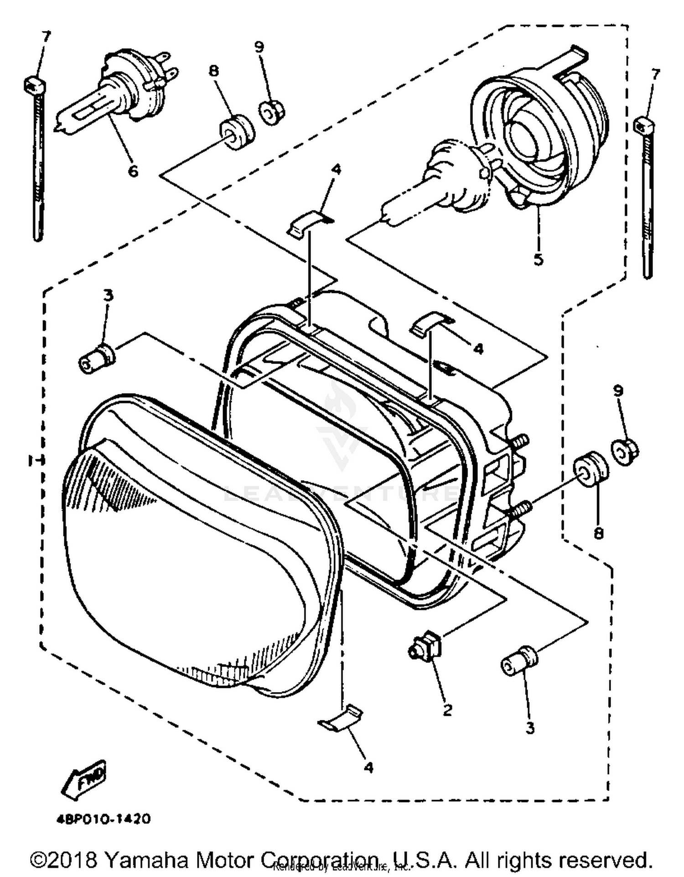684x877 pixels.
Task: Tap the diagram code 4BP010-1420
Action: pos(104,819)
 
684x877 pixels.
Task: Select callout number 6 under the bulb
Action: pos(133,171)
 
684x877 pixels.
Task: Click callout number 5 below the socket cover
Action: pos(538,259)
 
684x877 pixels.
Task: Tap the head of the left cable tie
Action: pos(34,84)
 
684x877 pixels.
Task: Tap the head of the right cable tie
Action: pos(644,123)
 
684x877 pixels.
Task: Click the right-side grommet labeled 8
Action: pos(590,470)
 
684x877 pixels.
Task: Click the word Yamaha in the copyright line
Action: pos(146,860)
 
